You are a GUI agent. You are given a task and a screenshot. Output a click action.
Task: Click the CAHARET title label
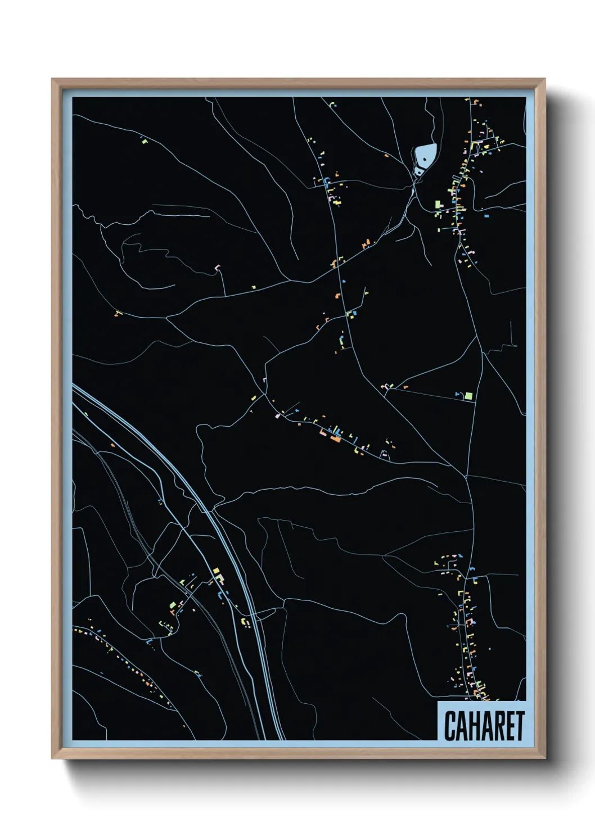click(484, 725)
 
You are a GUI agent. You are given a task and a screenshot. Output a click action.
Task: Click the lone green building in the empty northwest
click(143, 141)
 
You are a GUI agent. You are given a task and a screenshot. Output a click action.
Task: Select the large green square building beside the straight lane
click(467, 396)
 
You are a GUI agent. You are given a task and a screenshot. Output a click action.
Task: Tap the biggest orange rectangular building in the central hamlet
click(335, 438)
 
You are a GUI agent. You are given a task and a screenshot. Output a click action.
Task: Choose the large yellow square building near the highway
click(216, 571)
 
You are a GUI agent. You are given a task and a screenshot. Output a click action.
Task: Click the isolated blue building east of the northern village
click(486, 214)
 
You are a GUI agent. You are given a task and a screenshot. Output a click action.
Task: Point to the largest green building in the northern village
click(438, 205)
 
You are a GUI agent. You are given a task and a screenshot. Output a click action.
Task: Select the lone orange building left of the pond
click(386, 156)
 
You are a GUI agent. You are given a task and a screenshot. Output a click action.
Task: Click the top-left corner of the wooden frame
click(53, 80)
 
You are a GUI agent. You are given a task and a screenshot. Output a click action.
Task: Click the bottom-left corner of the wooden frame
click(53, 758)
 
